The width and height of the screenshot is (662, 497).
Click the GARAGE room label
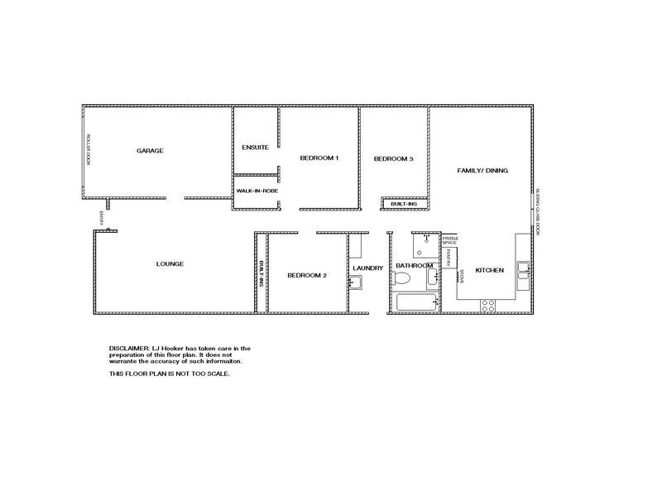coord(150,151)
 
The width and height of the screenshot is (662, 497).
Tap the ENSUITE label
coord(255,147)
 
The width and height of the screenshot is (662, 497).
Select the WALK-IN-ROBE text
coord(257,191)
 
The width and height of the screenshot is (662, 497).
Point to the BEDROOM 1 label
coord(319,157)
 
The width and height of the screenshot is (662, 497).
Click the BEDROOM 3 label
coord(393,159)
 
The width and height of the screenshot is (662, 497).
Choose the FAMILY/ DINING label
coord(482,171)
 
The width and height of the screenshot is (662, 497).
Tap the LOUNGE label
coord(170,264)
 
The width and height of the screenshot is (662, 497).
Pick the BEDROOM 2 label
coord(307,275)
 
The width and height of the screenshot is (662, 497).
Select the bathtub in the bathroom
coord(417,302)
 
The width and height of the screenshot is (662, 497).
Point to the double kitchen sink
coord(523,267)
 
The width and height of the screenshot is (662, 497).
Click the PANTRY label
coord(449,258)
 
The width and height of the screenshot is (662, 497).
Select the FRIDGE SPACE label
coord(450,240)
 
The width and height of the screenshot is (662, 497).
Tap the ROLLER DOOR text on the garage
coord(88,150)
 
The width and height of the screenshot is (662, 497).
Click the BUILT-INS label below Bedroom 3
coord(405,203)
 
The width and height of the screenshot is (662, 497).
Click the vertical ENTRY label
coord(101,219)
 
